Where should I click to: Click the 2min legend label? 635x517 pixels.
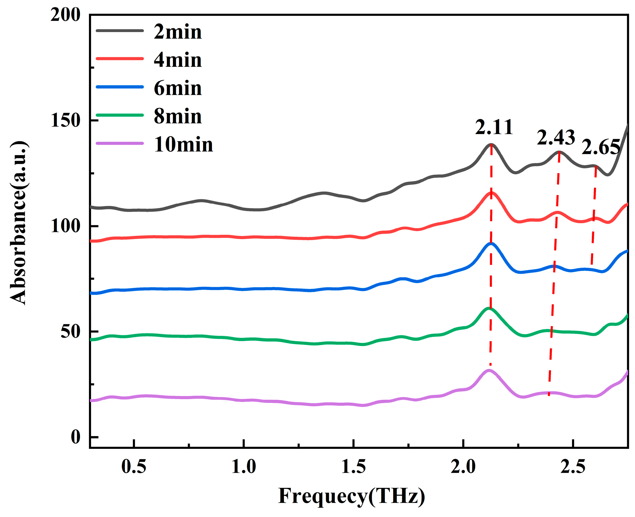[177, 32]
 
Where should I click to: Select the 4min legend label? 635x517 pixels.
[177, 60]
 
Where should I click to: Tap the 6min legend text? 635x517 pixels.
[177, 88]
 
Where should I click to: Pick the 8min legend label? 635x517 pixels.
[177, 116]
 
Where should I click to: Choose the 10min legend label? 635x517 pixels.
[183, 145]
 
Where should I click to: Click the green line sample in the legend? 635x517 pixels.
[120, 115]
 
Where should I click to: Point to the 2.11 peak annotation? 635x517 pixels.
[494, 127]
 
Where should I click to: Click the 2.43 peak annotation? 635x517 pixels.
[556, 137]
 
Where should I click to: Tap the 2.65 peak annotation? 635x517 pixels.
[600, 147]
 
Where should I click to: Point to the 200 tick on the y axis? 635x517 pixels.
[65, 15]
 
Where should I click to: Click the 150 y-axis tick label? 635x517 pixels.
[65, 121]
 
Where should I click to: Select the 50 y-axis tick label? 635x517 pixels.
[70, 332]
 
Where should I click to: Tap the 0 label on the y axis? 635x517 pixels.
[76, 437]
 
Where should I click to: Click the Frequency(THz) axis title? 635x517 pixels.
[351, 496]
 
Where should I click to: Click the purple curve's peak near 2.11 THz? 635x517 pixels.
[489, 370]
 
